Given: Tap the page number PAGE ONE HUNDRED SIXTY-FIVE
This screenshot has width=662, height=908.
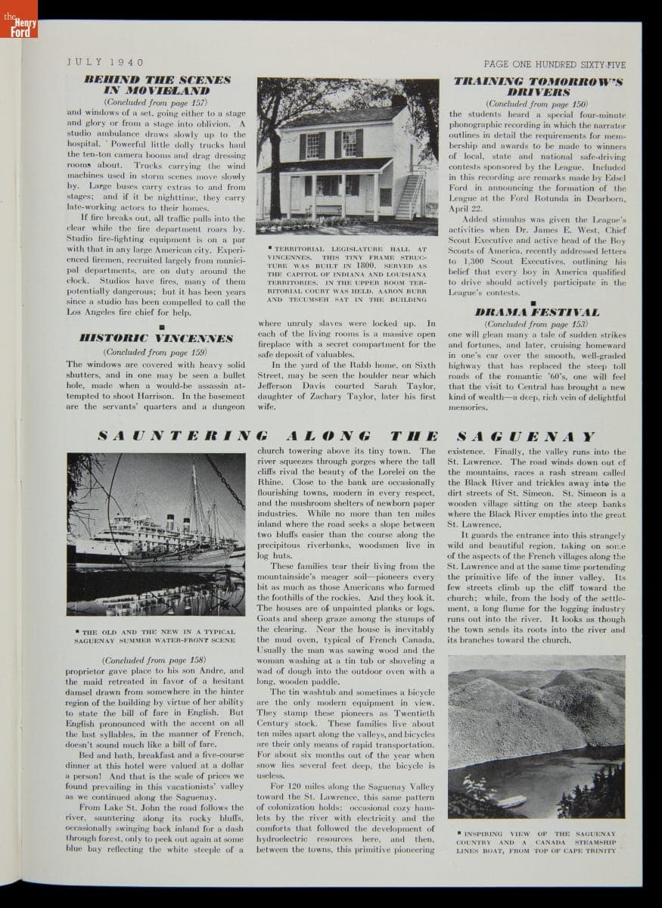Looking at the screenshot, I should (x=555, y=64).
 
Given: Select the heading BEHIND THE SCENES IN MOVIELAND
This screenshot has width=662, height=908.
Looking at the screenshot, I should (x=157, y=85).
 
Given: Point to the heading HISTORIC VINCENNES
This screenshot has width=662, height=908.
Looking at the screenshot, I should (x=157, y=337).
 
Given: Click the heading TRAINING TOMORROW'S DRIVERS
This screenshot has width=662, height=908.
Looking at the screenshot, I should (x=538, y=86).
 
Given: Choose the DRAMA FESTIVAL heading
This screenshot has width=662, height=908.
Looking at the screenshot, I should (x=536, y=312).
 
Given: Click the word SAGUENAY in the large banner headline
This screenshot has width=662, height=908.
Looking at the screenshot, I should (x=527, y=436).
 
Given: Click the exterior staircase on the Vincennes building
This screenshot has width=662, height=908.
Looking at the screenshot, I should (x=409, y=195).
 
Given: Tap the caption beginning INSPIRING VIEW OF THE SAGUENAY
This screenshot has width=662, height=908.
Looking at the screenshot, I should (x=536, y=842).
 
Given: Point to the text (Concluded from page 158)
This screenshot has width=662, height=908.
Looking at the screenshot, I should (x=154, y=659).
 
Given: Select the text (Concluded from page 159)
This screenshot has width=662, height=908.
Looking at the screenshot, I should (x=155, y=352).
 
